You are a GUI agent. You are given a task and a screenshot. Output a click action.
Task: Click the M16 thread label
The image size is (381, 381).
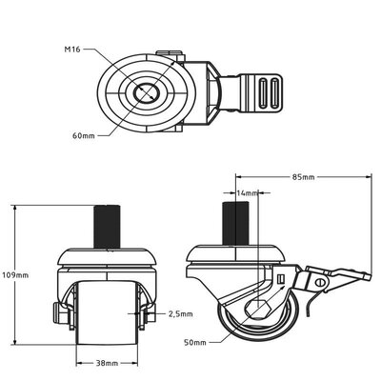72,50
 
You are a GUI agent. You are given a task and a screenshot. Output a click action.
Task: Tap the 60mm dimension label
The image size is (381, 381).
84,135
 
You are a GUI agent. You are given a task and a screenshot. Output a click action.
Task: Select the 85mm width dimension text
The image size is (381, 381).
303,177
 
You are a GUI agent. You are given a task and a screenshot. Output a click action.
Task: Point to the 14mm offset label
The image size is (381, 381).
248,192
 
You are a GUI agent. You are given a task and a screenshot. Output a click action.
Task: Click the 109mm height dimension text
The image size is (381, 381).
15,275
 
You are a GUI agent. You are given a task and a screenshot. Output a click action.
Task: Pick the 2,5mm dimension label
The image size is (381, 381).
180,314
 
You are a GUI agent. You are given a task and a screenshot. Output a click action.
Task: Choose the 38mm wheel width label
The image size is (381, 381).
107,363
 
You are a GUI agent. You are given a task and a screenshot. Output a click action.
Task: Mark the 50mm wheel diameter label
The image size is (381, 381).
195,343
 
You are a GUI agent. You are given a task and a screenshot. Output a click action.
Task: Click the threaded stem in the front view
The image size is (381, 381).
107,227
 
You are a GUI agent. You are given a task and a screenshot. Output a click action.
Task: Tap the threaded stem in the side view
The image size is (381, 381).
235,223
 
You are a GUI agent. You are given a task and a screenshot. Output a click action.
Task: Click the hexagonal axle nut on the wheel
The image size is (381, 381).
258,307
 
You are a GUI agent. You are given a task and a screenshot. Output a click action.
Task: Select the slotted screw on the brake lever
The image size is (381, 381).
320,281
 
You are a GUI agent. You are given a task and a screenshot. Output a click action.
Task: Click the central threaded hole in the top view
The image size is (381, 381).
147,92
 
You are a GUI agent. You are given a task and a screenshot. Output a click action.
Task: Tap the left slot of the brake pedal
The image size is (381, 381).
263,93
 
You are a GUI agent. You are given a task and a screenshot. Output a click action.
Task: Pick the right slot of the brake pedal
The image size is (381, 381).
274,93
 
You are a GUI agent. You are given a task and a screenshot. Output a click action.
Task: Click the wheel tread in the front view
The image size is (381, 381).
108,312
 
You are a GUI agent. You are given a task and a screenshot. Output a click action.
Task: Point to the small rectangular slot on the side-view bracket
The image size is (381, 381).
280,279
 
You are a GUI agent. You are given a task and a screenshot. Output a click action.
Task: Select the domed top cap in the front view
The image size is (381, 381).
108,256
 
